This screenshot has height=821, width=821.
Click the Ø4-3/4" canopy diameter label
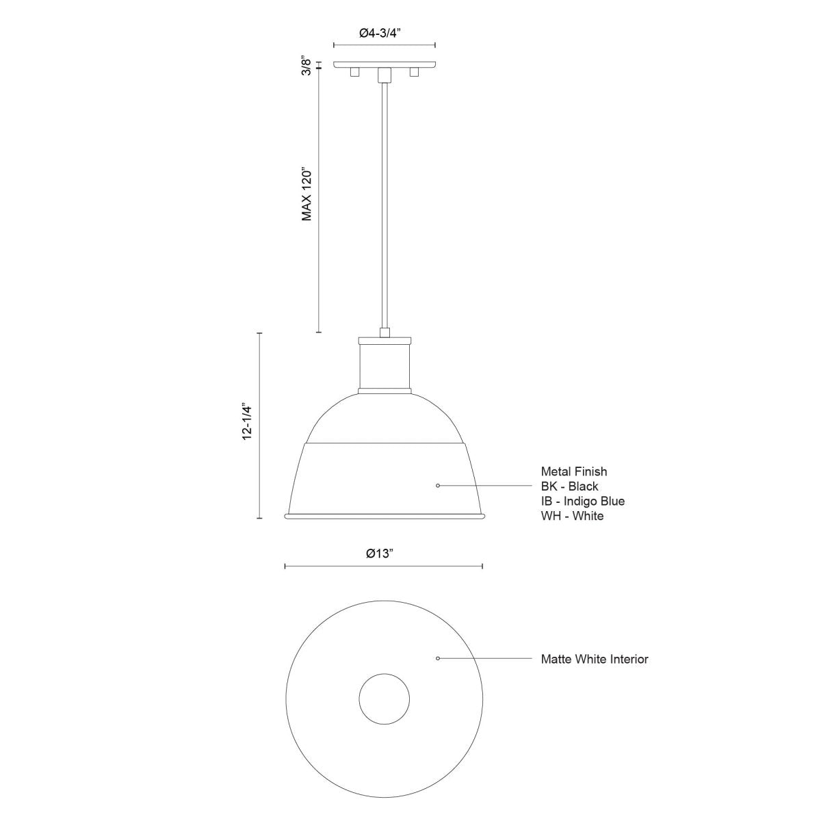[384, 32]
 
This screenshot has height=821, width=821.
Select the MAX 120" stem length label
[307, 194]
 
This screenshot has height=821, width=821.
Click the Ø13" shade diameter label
[382, 553]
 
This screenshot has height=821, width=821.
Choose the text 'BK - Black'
[569, 486]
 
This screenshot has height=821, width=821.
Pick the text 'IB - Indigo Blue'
[582, 501]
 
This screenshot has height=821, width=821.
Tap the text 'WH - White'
[572, 517]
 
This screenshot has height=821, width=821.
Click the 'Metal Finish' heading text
[573, 471]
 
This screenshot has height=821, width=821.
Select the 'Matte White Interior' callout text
[594, 660]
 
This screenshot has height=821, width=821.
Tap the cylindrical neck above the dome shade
[384, 366]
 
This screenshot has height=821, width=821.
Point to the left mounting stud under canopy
[354, 72]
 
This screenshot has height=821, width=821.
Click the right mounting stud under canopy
[413, 72]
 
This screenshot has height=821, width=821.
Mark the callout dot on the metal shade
[438, 486]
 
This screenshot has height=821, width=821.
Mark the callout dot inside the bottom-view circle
[438, 658]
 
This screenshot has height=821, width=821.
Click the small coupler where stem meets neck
[385, 333]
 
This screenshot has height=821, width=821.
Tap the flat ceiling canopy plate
[384, 64]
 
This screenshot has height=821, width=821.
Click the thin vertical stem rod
[385, 205]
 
